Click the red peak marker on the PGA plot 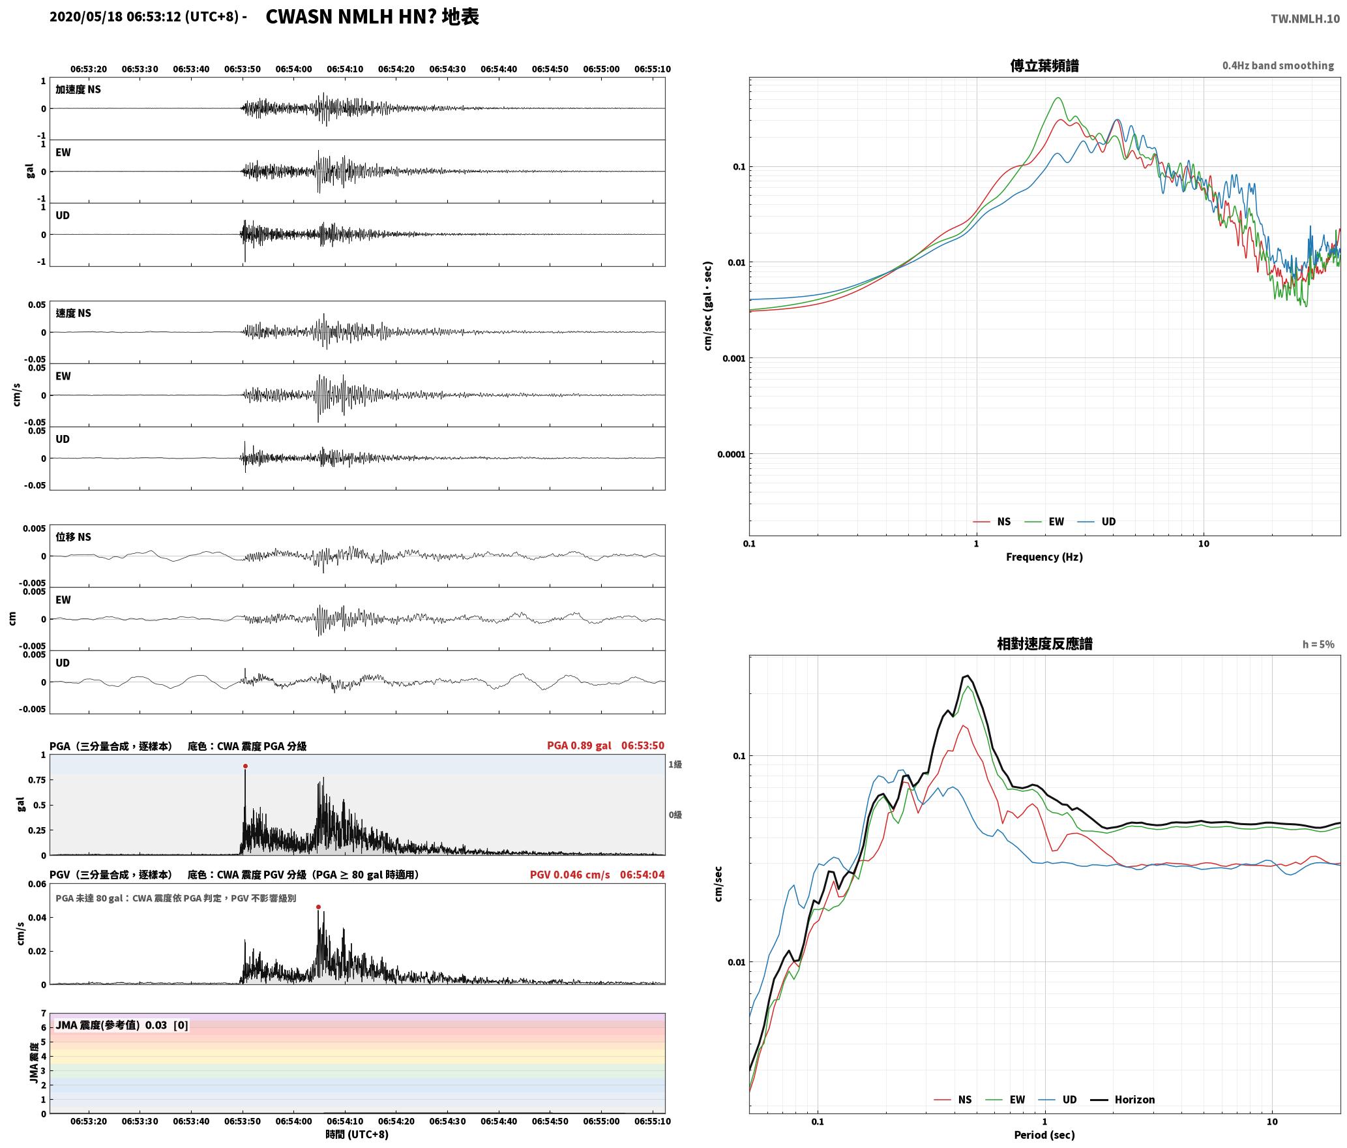(245, 766)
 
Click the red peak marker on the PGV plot (318, 907)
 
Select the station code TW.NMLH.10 (1305, 18)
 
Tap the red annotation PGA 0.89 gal (579, 746)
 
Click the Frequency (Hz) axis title (1044, 557)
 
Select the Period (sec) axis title (1044, 1135)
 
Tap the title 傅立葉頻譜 (1044, 66)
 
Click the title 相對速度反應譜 (1044, 644)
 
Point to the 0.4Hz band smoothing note (1278, 66)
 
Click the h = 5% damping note (1318, 644)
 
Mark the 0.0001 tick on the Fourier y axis (731, 454)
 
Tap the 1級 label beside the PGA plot (675, 764)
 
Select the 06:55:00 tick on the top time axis (601, 69)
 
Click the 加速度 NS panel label (78, 89)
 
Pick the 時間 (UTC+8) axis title (357, 1134)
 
